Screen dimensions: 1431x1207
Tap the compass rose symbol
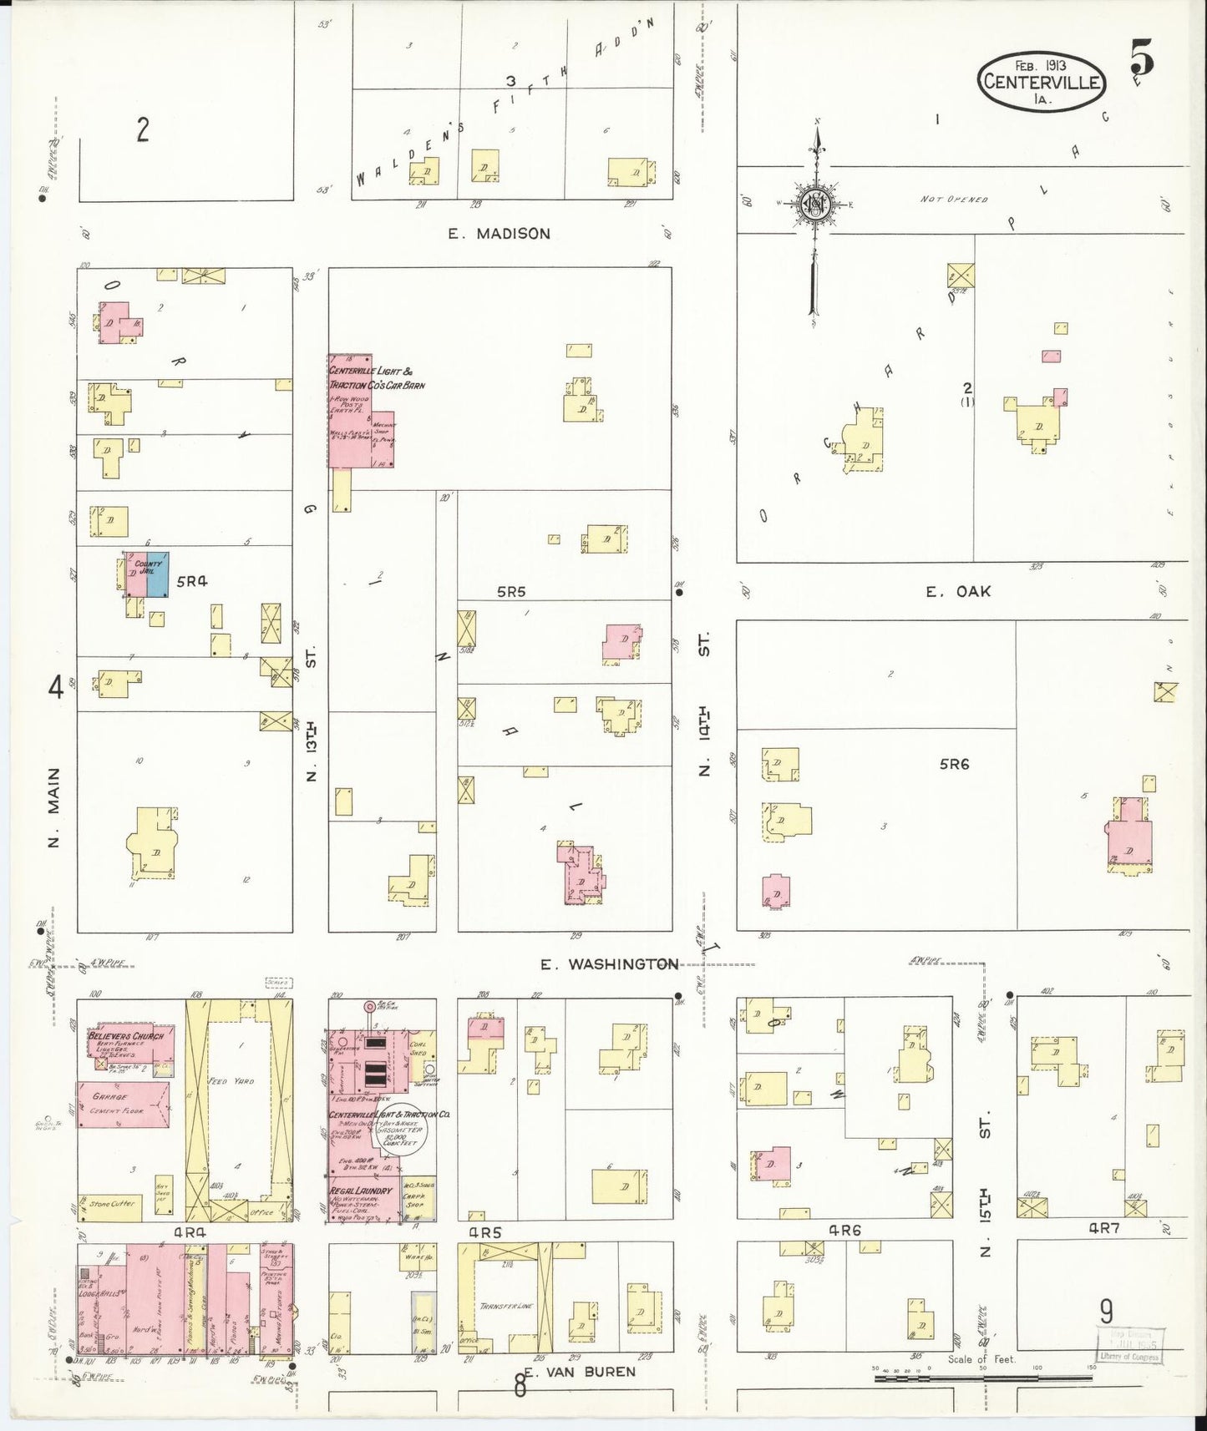pos(814,204)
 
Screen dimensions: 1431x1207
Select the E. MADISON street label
pos(499,234)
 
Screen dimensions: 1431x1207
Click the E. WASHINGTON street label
pos(608,964)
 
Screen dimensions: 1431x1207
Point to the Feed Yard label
pos(227,1081)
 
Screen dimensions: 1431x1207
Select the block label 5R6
pos(953,764)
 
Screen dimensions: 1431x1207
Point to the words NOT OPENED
pos(954,200)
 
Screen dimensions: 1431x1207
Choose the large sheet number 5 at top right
pos(1143,58)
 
